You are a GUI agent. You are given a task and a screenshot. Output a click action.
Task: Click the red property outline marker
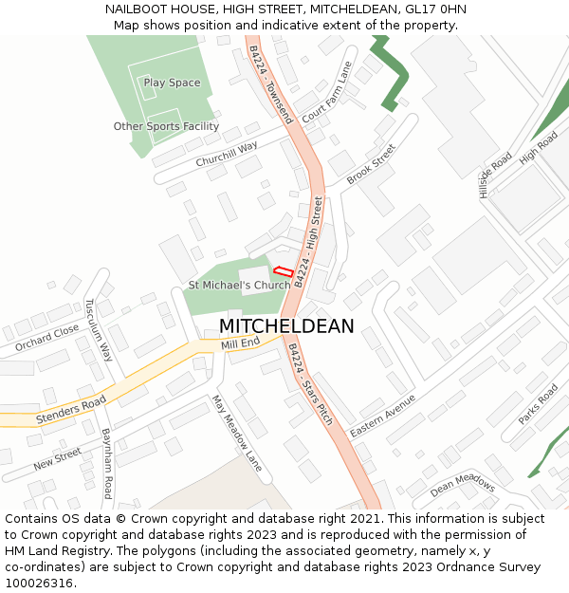[x=283, y=271]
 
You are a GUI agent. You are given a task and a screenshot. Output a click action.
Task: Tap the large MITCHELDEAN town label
[x=286, y=326]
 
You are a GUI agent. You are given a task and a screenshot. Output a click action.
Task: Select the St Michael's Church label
[x=239, y=285]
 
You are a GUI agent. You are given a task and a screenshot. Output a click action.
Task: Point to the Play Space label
[x=172, y=83]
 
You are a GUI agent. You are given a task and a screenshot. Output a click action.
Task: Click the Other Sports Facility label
[x=166, y=126]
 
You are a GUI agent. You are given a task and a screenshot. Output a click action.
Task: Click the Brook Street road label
[x=370, y=165]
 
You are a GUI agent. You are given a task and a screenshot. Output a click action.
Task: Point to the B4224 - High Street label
[x=309, y=241]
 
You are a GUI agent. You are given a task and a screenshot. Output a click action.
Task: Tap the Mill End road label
[x=240, y=343]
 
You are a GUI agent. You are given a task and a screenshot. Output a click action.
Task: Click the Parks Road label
[x=538, y=404]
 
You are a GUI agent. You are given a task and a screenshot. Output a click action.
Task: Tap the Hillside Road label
[x=495, y=176]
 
